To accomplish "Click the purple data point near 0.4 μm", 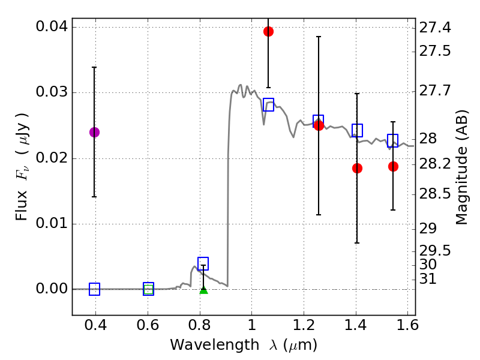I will pyautogui.click(x=94, y=132).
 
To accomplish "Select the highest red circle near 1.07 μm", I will pyautogui.click(x=268, y=31).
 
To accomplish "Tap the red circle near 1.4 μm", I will pyautogui.click(x=357, y=168).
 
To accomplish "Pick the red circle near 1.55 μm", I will pyautogui.click(x=393, y=166).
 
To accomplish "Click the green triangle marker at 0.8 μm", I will pyautogui.click(x=203, y=290).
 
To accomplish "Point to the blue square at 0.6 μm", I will pyautogui.click(x=148, y=289).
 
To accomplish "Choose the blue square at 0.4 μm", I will pyautogui.click(x=94, y=289).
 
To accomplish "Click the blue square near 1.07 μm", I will pyautogui.click(x=268, y=105).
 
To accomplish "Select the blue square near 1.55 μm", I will pyautogui.click(x=393, y=140).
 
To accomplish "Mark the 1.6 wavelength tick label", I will pyautogui.click(x=407, y=329).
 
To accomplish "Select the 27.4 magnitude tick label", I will pyautogui.click(x=436, y=28).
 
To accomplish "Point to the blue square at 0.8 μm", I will pyautogui.click(x=203, y=264).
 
